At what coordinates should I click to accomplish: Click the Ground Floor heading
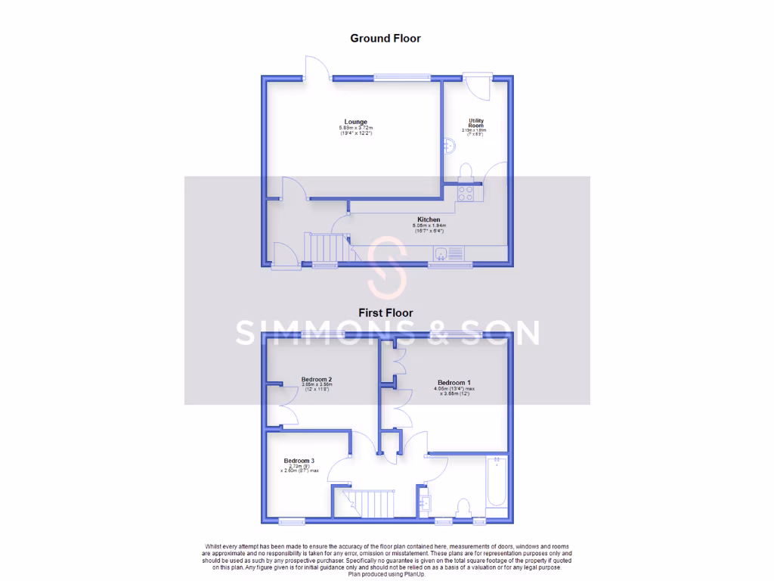385,38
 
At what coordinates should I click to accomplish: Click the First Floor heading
385,312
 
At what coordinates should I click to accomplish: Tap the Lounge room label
355,122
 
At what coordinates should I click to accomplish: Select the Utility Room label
475,123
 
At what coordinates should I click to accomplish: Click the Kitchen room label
429,219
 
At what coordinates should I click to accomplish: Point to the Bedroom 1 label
454,383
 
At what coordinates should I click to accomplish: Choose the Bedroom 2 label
317,379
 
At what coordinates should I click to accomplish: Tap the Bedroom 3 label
299,461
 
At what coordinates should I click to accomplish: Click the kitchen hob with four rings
466,194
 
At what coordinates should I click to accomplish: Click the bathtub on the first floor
497,483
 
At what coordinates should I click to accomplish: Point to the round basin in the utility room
447,144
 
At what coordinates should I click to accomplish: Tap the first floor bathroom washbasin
424,502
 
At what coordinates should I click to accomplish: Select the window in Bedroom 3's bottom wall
291,520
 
